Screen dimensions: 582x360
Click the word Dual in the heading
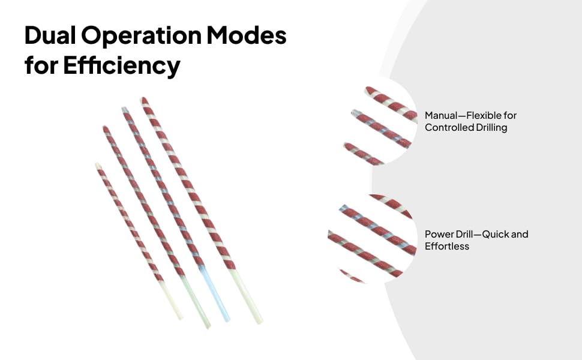(x=50, y=35)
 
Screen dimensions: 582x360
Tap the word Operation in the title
(x=142, y=37)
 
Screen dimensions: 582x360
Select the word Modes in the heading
(x=247, y=35)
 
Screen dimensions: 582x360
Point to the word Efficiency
(x=122, y=66)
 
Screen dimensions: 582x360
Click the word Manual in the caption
(x=441, y=115)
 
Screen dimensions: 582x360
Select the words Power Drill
(x=449, y=234)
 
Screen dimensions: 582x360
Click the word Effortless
(x=447, y=246)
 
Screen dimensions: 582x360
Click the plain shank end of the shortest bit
(x=181, y=317)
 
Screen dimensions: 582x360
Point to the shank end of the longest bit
(x=260, y=321)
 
